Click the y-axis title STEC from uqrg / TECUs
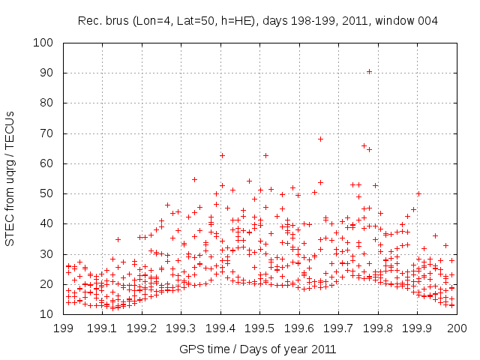coord(10,178)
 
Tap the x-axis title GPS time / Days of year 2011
coord(259,349)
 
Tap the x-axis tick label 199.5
coord(259,328)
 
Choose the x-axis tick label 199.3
coord(181,328)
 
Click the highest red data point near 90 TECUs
coord(369,72)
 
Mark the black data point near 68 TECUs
coord(320,139)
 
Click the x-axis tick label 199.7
coord(338,328)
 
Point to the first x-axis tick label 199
coord(63,328)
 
